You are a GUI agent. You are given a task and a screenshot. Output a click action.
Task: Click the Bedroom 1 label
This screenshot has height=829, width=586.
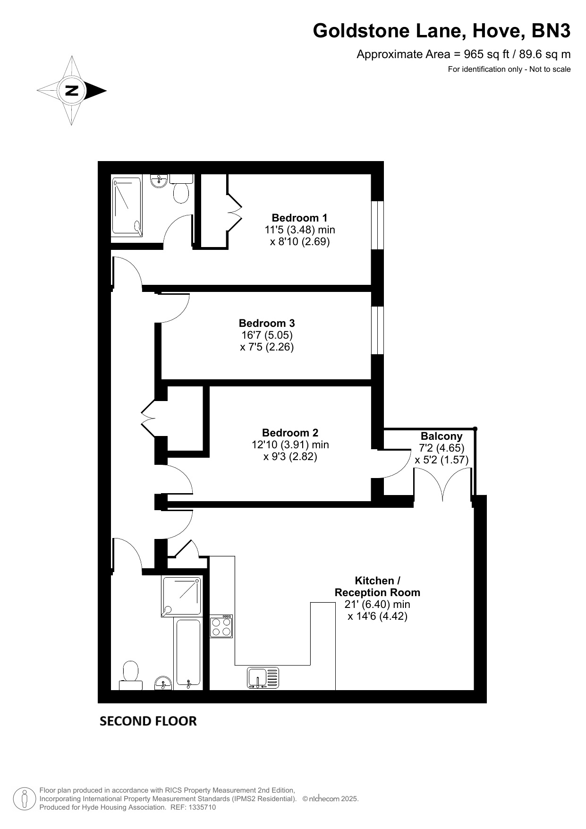tap(299, 218)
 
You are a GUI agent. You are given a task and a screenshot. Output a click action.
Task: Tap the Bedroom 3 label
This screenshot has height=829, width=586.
tap(267, 323)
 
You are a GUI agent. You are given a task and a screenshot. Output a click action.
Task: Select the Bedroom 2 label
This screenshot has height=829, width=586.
tap(290, 433)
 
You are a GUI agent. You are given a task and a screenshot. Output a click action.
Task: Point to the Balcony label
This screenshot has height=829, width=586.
tap(442, 436)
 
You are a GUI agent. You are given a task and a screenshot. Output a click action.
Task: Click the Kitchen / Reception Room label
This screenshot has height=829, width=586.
tap(377, 586)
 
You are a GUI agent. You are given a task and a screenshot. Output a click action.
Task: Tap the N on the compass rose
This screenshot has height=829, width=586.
tap(71, 90)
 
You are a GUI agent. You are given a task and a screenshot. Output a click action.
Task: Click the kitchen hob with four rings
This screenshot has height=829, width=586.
tap(221, 626)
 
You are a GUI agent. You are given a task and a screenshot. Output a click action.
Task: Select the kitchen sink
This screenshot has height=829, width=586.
tap(263, 677)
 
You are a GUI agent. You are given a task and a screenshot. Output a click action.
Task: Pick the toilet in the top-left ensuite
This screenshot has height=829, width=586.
tap(181, 188)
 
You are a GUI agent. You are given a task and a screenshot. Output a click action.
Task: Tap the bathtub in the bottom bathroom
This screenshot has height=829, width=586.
tap(188, 653)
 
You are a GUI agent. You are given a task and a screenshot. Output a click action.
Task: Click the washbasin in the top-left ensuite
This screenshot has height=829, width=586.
tap(159, 180)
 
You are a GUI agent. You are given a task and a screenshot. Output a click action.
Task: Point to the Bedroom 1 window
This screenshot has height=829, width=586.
tap(377, 225)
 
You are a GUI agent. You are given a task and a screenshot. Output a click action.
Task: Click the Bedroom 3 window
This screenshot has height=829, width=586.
tap(377, 330)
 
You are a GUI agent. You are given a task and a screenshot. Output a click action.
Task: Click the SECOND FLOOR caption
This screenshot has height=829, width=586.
tap(148, 721)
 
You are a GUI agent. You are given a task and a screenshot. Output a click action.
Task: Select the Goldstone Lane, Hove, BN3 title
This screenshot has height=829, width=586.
tap(442, 31)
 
